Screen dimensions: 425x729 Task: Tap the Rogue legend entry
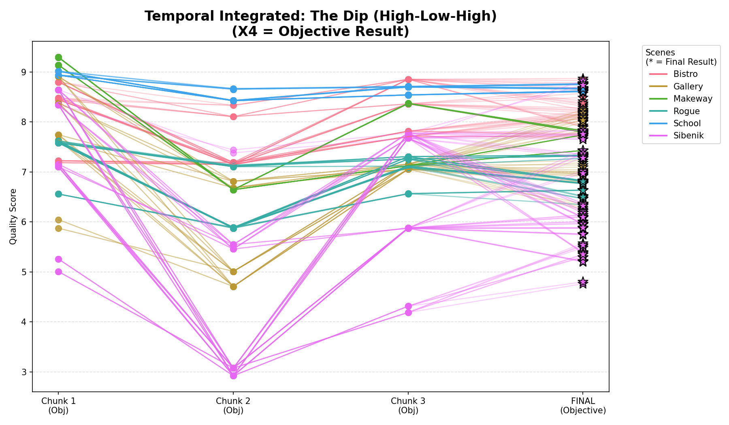coord(682,111)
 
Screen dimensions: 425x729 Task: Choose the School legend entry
coord(683,123)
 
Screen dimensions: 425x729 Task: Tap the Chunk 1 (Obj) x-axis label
coord(58,406)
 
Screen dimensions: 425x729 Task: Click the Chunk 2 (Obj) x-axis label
coord(233,406)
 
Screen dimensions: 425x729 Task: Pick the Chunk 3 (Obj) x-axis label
coord(408,406)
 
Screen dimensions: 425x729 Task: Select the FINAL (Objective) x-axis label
coord(583,406)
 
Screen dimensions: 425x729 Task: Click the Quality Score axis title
coord(13,217)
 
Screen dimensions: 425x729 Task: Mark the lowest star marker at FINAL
coord(583,282)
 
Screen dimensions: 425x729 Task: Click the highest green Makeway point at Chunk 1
coord(58,57)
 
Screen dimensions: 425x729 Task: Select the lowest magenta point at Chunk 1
coord(58,272)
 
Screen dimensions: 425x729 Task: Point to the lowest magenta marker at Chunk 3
coord(408,312)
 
